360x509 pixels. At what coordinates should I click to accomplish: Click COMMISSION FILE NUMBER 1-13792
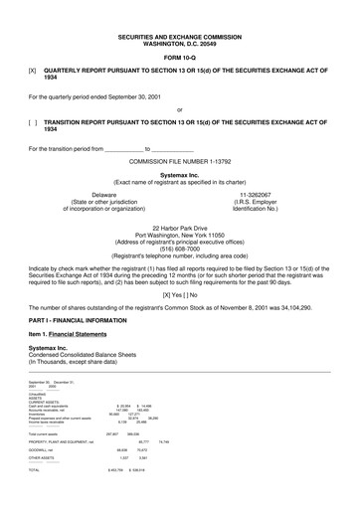[x=180, y=159]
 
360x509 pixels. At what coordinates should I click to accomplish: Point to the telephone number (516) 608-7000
[x=180, y=249]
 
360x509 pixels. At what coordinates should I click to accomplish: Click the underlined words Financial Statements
[x=81, y=336]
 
